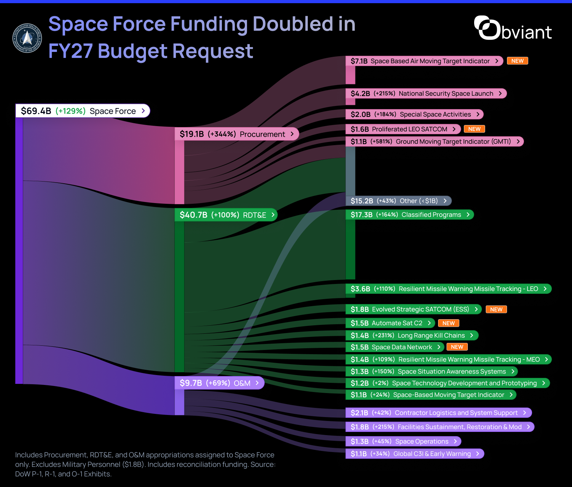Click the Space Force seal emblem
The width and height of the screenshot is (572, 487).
[27, 38]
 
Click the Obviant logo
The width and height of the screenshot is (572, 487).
[513, 28]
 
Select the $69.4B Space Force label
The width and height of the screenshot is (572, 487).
[83, 111]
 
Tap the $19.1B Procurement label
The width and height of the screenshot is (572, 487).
[237, 134]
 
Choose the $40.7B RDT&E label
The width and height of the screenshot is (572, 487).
[226, 215]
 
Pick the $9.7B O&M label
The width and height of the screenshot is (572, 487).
[219, 383]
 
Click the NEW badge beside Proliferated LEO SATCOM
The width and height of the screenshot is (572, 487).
[474, 129]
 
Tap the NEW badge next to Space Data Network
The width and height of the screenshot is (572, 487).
[457, 347]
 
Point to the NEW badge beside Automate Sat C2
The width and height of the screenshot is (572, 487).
[448, 323]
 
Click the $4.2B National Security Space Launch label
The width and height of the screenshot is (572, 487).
[426, 94]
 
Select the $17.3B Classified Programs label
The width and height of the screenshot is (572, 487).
[410, 215]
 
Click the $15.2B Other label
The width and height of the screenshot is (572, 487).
[399, 201]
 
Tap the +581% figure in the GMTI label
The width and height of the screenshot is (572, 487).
[381, 142]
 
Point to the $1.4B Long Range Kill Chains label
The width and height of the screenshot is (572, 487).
[412, 335]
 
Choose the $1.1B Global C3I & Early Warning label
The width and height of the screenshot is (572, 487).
[415, 454]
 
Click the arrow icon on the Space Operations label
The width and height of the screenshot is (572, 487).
[455, 441]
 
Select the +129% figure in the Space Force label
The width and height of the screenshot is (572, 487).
[71, 111]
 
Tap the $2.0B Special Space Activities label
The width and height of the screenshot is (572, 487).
[414, 114]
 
